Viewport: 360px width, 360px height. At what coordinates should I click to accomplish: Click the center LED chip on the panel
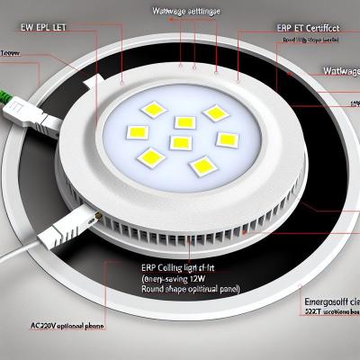[181, 142]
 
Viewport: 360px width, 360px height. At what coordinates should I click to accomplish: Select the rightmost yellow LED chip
[227, 139]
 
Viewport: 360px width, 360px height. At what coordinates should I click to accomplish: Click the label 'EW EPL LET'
[42, 27]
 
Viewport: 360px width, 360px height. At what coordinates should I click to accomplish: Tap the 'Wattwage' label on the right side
[340, 70]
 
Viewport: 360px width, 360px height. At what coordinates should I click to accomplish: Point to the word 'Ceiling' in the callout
[167, 267]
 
